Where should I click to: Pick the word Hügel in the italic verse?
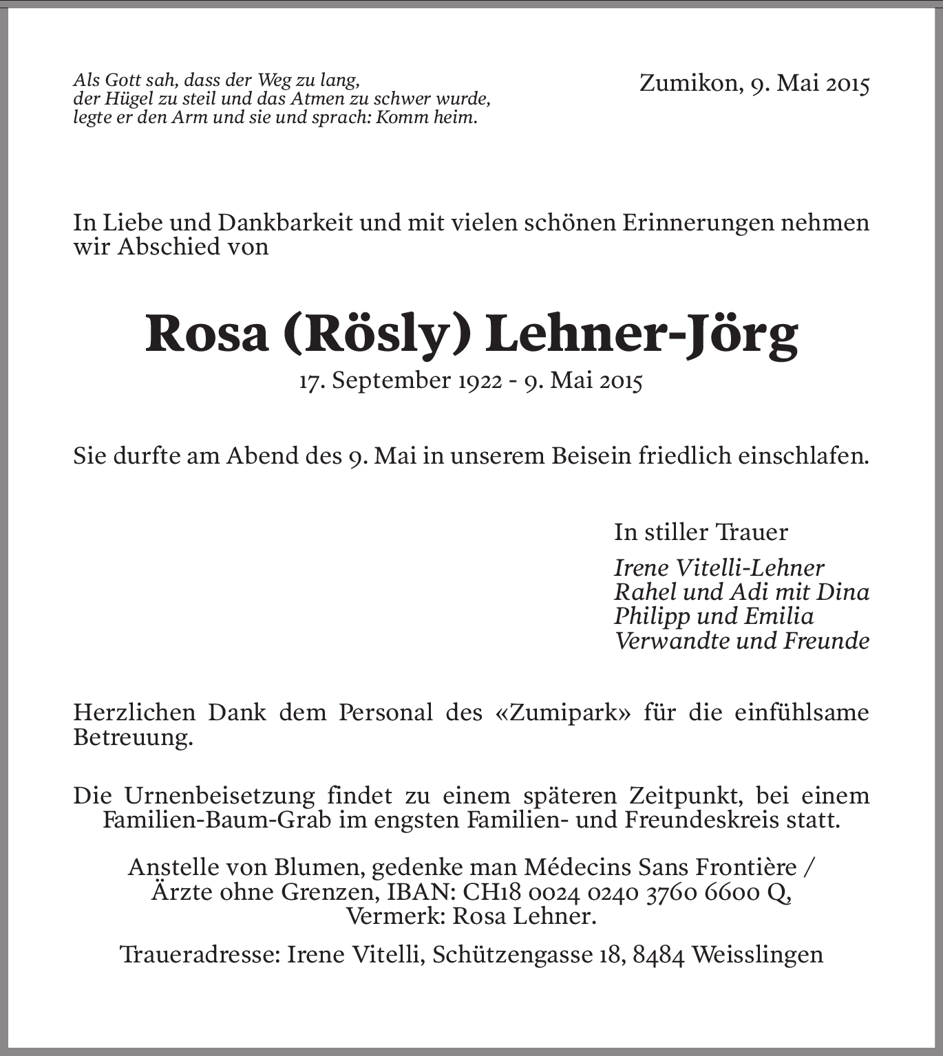[x=119, y=99]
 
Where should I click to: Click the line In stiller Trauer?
[x=701, y=532]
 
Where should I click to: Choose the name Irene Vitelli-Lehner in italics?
[x=719, y=568]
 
